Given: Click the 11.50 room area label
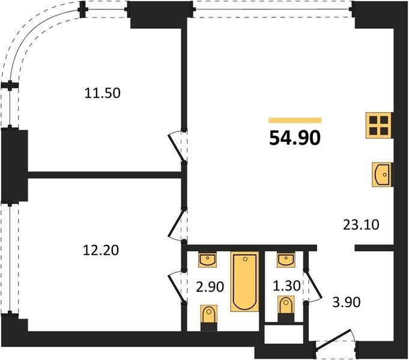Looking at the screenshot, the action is pyautogui.click(x=103, y=93).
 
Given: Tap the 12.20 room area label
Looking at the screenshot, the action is pyautogui.click(x=101, y=250).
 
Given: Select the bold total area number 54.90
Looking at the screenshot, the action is pyautogui.click(x=295, y=138).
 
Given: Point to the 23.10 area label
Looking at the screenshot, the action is pyautogui.click(x=361, y=224).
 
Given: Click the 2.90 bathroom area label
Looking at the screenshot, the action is pyautogui.click(x=210, y=287).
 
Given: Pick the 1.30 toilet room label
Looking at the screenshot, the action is pyautogui.click(x=287, y=286).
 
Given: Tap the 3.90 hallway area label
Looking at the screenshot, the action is pyautogui.click(x=347, y=302).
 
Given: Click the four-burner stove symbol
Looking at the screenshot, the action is pyautogui.click(x=379, y=125).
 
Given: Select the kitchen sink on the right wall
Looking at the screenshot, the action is pyautogui.click(x=382, y=175).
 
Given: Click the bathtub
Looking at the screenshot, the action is pyautogui.click(x=244, y=281).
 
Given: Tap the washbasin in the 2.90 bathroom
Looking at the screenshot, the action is pyautogui.click(x=208, y=260).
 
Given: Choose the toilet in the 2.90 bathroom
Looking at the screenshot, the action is pyautogui.click(x=209, y=318).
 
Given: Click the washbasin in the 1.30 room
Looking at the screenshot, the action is pyautogui.click(x=286, y=260).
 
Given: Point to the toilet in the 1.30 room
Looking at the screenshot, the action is pyautogui.click(x=286, y=308).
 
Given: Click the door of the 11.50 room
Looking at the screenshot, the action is pyautogui.click(x=178, y=146).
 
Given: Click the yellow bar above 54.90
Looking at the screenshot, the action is pyautogui.click(x=295, y=120).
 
